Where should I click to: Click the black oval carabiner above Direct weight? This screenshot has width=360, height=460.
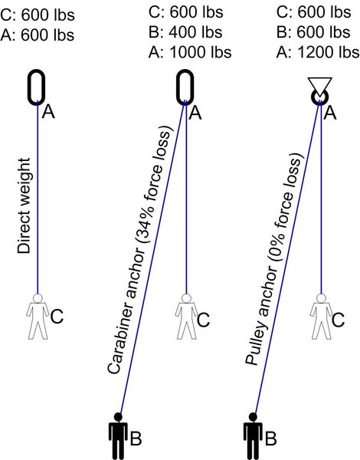pyautogui.click(x=29, y=87)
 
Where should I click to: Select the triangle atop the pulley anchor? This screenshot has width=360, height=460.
pyautogui.click(x=320, y=87)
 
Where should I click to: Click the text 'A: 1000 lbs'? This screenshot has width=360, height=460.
pyautogui.click(x=190, y=52)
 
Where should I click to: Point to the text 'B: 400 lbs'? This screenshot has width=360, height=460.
pyautogui.click(x=185, y=32)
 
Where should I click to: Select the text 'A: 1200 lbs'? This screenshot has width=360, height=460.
pyautogui.click(x=318, y=52)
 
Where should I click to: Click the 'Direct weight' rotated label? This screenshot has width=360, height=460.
pyautogui.click(x=24, y=205)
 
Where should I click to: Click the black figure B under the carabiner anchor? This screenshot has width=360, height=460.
pyautogui.click(x=118, y=436)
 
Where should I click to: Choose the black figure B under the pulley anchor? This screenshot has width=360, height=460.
pyautogui.click(x=253, y=436)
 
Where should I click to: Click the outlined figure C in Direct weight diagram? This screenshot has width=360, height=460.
pyautogui.click(x=38, y=317)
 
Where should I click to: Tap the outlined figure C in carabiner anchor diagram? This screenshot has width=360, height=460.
pyautogui.click(x=186, y=317)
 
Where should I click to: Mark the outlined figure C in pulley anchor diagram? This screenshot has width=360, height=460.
pyautogui.click(x=321, y=317)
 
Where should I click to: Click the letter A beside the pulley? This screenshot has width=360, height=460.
pyautogui.click(x=330, y=113)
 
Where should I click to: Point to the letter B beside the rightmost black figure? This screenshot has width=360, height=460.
pyautogui.click(x=270, y=439)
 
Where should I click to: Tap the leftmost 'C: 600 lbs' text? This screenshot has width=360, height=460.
pyautogui.click(x=38, y=15)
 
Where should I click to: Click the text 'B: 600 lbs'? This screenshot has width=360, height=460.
pyautogui.click(x=313, y=32)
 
